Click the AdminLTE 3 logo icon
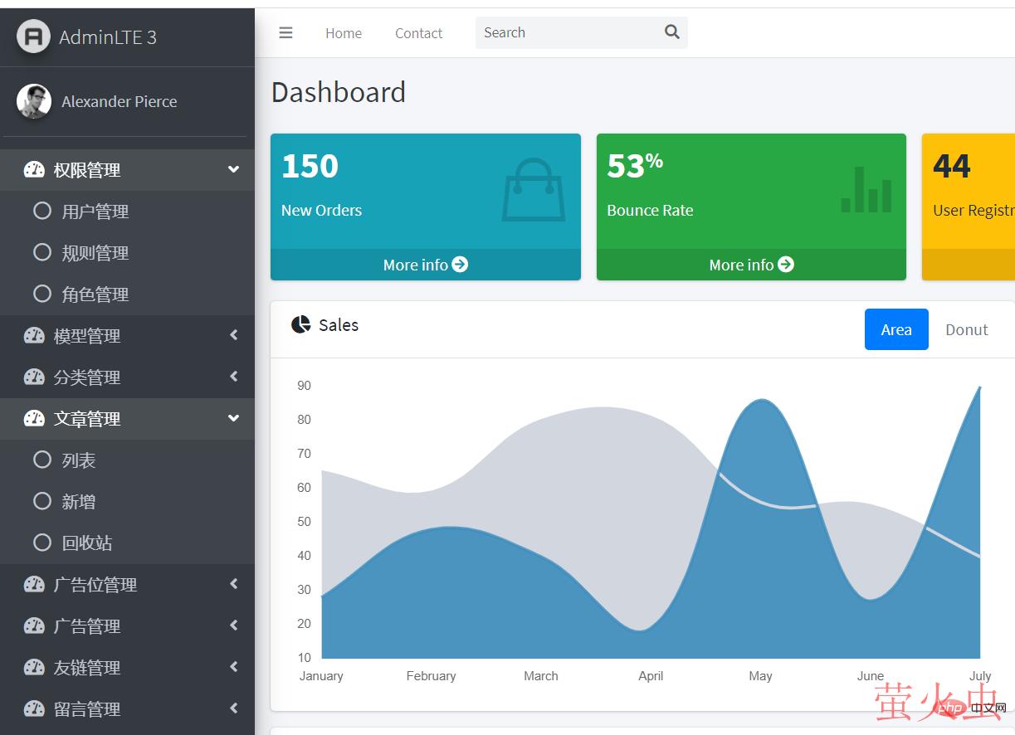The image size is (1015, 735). (33, 37)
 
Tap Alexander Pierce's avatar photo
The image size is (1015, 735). (34, 101)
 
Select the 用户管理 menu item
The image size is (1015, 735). (95, 212)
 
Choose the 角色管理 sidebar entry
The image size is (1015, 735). (95, 294)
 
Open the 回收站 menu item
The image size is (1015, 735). (86, 543)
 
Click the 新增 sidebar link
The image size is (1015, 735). (78, 502)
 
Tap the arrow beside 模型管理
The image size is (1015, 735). (234, 335)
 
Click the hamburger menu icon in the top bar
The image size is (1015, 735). (285, 33)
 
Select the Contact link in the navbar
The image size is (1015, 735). (418, 33)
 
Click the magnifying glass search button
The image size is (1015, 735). (672, 32)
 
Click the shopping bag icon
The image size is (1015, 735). (533, 190)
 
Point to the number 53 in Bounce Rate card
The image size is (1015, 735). (625, 167)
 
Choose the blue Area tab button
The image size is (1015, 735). (896, 329)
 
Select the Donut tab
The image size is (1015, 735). (966, 329)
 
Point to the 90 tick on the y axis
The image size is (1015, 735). (304, 386)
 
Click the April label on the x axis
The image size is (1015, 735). (651, 676)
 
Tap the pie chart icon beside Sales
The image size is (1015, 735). (300, 324)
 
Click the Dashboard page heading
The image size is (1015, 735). (339, 92)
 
